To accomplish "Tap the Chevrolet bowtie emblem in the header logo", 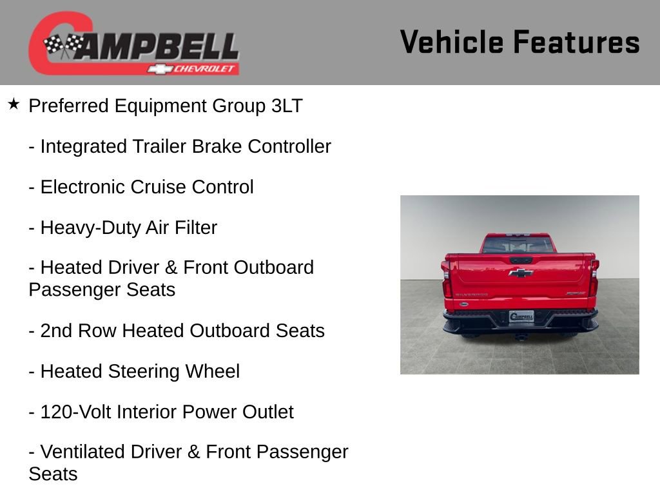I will [x=159, y=68].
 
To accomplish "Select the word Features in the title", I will [x=576, y=43].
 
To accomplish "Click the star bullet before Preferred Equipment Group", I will [x=14, y=104].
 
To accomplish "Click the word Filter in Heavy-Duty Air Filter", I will [x=196, y=228].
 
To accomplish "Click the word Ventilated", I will [x=82, y=452].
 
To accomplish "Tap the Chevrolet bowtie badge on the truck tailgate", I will [x=520, y=273].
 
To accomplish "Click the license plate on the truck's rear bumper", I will [x=521, y=316].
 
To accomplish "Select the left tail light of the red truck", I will [x=447, y=278].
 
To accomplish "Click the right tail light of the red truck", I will [x=594, y=278].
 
